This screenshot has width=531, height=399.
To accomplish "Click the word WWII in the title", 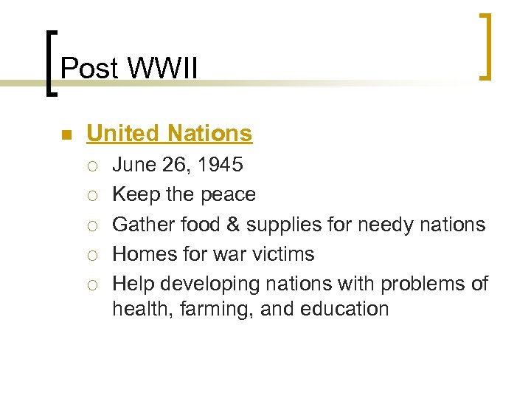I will click(162, 69).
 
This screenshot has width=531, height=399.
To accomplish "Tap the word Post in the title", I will click(89, 69).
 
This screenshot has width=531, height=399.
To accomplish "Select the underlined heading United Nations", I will click(169, 134).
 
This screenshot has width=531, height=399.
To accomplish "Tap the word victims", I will click(288, 254).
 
